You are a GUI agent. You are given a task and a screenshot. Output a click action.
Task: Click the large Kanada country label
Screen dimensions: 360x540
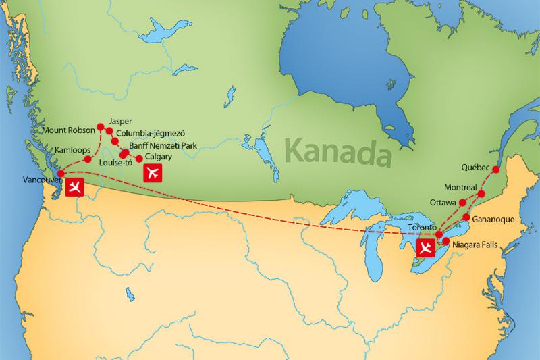[x=339, y=150]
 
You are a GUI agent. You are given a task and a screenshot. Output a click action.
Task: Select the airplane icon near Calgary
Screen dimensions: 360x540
[x=153, y=173]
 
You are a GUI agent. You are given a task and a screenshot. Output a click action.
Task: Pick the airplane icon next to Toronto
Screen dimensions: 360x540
[x=425, y=248]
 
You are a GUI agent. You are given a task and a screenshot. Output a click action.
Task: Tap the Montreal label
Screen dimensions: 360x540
[x=461, y=186]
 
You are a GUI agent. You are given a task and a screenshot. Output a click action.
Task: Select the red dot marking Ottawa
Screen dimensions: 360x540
[x=462, y=202]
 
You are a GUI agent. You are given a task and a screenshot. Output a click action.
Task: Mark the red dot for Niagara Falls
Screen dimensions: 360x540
[x=446, y=240]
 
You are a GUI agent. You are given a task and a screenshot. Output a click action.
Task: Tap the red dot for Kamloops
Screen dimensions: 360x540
[x=88, y=159]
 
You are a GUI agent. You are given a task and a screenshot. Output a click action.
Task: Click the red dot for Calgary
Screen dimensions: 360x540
[x=140, y=159]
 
